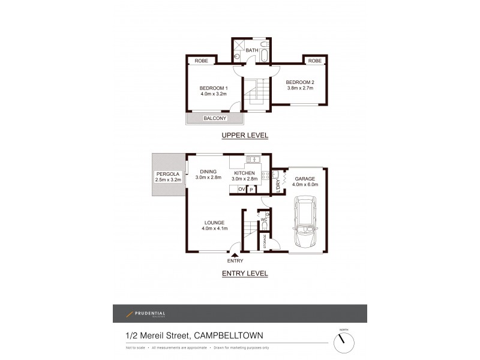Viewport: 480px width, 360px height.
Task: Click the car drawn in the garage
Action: point(307,227)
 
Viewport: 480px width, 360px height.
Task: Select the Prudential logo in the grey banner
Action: point(146,314)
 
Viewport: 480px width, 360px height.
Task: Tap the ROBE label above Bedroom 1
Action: point(200,61)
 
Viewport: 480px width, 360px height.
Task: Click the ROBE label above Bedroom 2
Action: point(314,61)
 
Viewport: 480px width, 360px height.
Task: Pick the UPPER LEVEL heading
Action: point(244,136)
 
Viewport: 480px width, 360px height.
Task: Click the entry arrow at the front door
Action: point(235,255)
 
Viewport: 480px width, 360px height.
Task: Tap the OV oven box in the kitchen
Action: point(241,190)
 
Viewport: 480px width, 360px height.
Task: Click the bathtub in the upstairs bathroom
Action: point(265,57)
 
